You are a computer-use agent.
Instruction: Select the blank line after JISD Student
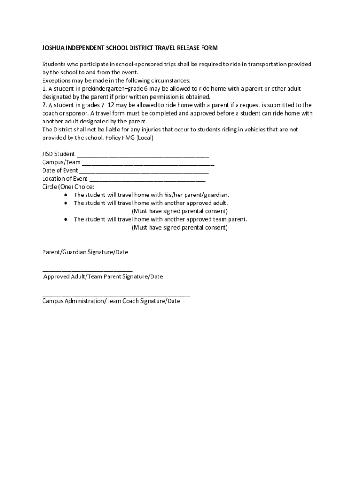143,155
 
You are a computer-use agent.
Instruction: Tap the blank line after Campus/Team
148,163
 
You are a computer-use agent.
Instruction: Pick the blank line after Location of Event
147,179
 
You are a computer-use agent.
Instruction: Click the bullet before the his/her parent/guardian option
66,195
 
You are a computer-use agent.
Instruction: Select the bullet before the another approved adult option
66,203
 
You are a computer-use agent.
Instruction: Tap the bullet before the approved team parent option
66,219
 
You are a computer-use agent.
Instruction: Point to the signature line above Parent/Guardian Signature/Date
87,246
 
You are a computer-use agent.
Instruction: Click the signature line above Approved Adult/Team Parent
87,270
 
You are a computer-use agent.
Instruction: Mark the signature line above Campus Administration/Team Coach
116,295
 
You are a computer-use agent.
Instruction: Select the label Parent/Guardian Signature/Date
85,252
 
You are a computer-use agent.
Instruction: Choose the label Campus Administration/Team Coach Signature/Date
111,301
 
